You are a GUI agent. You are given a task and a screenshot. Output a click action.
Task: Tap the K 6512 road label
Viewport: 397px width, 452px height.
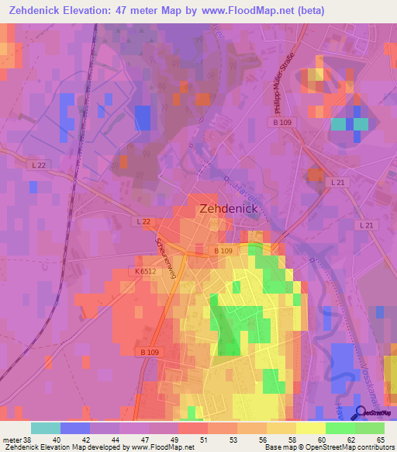coord(144,271)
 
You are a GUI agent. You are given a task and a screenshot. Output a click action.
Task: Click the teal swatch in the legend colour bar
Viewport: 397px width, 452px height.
coord(46,428)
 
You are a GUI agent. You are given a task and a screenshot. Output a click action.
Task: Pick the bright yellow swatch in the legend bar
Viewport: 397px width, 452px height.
coord(310,428)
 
